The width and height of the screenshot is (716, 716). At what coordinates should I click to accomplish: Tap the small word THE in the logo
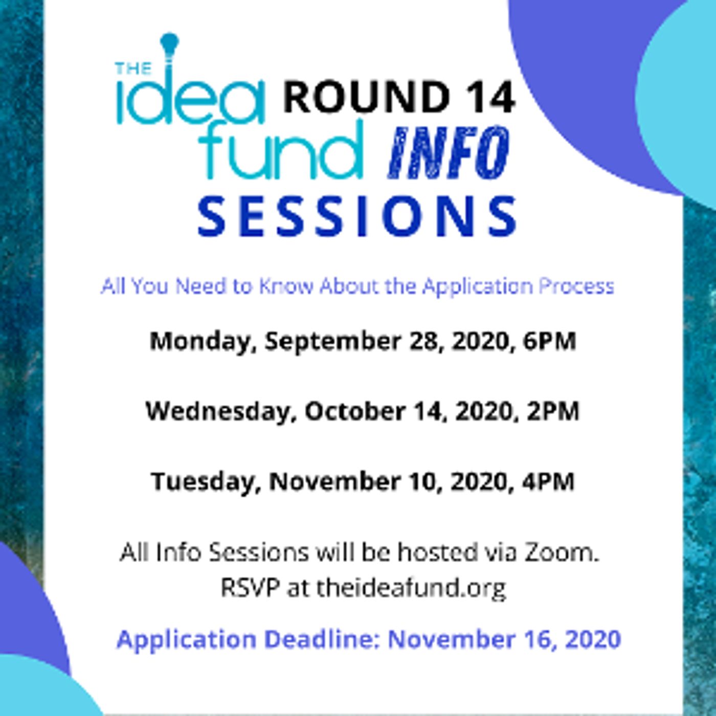[133, 69]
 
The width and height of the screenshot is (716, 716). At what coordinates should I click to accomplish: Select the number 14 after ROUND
[491, 97]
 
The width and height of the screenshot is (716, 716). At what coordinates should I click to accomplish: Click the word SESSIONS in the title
[357, 217]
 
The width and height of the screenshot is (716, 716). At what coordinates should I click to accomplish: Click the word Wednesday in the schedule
[217, 411]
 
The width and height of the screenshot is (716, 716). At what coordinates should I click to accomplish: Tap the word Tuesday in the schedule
[203, 482]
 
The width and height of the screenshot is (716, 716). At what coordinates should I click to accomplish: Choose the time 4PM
[548, 482]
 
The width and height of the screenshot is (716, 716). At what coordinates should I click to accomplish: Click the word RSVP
[250, 588]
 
